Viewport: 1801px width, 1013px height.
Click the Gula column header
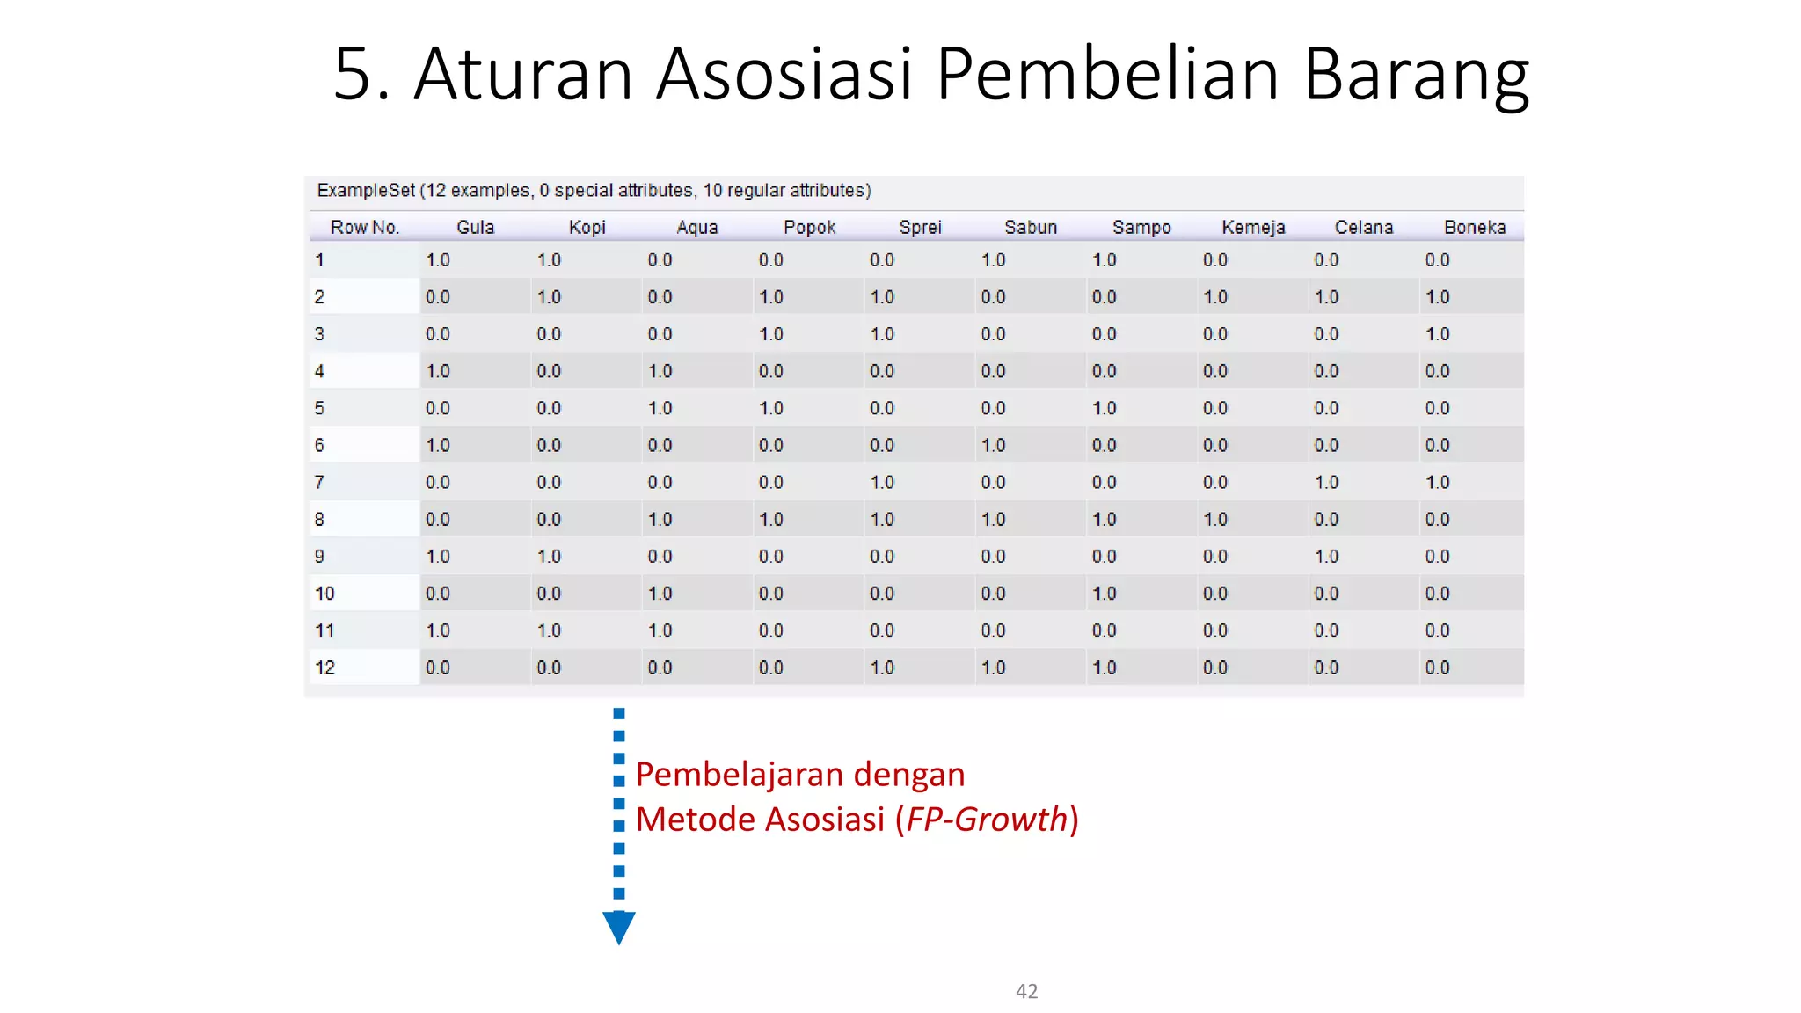(475, 227)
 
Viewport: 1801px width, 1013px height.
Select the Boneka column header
(1474, 227)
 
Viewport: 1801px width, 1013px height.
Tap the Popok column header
(809, 227)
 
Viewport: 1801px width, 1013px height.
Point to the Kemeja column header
(1252, 227)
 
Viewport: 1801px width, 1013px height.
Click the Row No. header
(364, 227)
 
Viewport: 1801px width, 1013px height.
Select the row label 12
(324, 667)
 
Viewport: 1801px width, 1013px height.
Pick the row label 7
(319, 482)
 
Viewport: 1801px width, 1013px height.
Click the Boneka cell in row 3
(1437, 334)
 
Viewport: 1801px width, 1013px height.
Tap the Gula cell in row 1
(437, 260)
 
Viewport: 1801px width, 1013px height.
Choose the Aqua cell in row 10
(660, 594)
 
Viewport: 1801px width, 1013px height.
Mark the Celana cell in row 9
(1326, 557)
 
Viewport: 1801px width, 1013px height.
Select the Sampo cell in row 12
(1104, 667)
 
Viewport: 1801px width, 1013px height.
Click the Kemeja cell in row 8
(1214, 520)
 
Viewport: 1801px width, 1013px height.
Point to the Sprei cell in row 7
(882, 482)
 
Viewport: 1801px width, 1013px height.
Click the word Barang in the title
(1416, 76)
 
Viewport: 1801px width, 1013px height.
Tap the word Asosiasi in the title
(784, 74)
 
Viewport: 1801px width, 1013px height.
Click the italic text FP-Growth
(986, 820)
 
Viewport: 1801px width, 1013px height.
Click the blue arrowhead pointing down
(619, 927)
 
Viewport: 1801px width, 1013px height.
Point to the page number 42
(1026, 991)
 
